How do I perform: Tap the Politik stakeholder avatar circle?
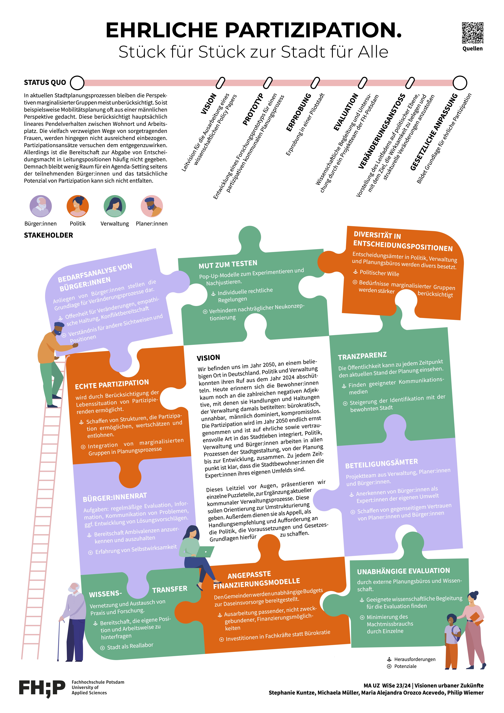coord(78,206)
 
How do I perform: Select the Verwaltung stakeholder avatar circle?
coord(115,206)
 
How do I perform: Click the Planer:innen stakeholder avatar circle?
coord(152,206)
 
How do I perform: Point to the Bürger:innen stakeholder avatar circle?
coord(41,206)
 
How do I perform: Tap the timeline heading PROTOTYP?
coord(253,109)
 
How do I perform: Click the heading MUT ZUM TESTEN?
coord(228,264)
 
